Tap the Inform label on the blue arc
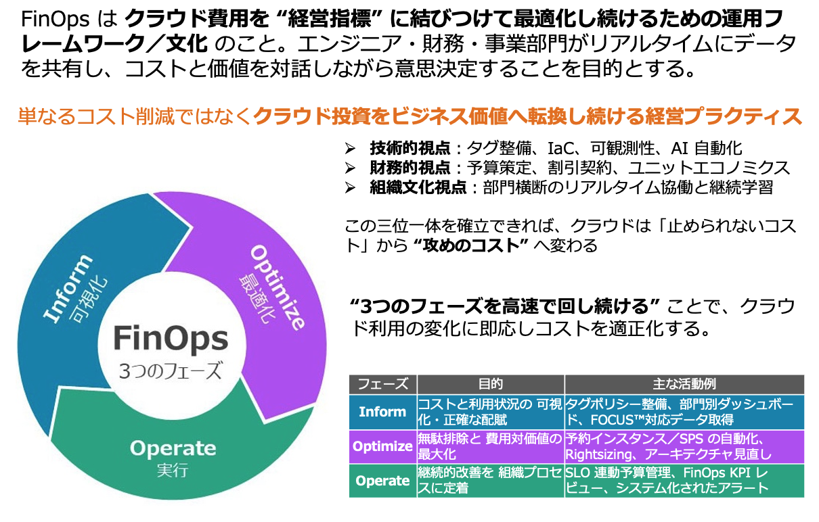coord(67,288)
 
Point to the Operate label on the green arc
coord(173,448)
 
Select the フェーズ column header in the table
coord(382,384)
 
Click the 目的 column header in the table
coord(490,384)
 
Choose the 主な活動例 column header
coord(684,384)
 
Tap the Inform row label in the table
coord(382,412)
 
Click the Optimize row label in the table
coord(382,446)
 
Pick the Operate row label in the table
coord(382,481)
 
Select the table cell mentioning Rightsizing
coord(684,446)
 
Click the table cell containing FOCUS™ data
coord(684,412)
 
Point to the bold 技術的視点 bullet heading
coord(409,148)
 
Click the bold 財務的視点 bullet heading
coord(409,168)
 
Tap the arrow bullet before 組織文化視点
coord(350,187)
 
